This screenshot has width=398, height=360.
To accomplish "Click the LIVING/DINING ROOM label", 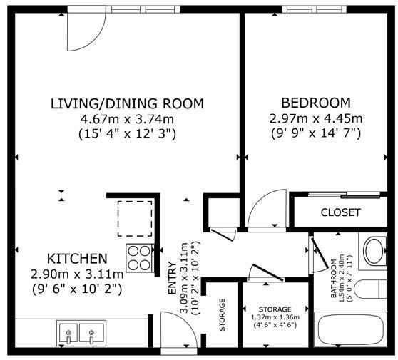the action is coord(127,103).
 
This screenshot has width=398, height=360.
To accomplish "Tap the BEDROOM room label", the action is coord(316,103).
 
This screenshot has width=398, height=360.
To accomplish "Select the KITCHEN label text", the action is coord(78,259).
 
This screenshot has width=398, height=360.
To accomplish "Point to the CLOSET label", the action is coord(341,212).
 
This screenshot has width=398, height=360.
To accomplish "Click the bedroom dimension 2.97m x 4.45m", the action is coord(316,118).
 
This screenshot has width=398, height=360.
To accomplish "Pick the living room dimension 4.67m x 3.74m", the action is coord(127,119).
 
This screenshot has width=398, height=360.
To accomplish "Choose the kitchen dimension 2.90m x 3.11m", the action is coord(77,274).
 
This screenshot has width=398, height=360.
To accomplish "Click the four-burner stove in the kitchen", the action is coord(140,258).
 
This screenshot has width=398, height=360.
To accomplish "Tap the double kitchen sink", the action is coord(81,333).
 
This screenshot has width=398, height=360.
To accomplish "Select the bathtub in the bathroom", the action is coord(351,329).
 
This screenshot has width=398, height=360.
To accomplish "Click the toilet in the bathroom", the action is coord(372,289).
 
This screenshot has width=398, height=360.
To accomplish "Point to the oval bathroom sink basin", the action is coord(373,251).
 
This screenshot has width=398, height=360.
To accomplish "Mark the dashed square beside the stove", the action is coord(135,219).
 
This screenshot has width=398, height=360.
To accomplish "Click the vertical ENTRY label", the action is coord(173,278).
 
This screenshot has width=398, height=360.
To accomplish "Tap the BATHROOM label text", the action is coord(334,278).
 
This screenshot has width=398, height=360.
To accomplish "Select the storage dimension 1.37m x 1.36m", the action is coord(275,317).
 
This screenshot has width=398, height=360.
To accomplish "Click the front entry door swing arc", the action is coord(187,323).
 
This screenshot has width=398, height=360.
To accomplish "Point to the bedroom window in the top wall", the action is coord(315,9).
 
